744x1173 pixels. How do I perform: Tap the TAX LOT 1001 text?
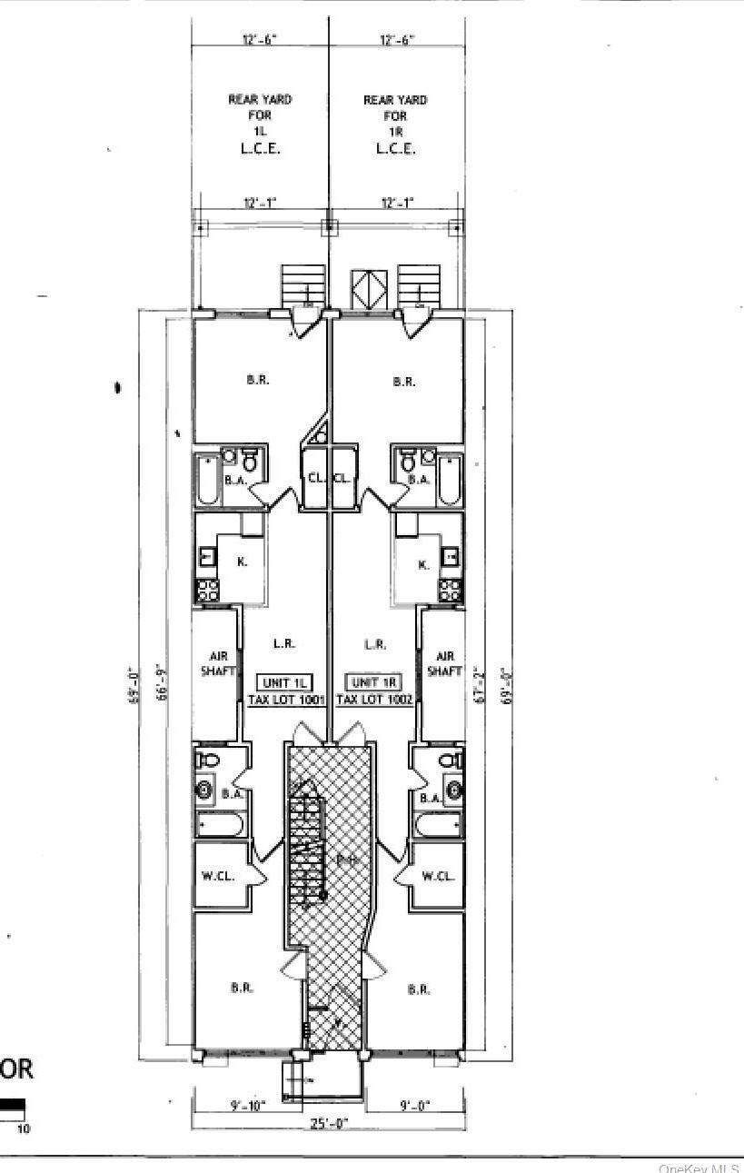[286, 701]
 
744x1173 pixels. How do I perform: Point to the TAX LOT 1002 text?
[374, 701]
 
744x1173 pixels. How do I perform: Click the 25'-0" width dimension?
[329, 1124]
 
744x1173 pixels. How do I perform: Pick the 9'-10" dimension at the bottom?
[248, 1106]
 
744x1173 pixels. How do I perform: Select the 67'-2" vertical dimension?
[481, 683]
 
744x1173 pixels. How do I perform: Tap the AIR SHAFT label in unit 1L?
[216, 664]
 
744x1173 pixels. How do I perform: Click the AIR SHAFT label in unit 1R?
[445, 664]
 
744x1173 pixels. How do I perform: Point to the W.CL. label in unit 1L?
[218, 877]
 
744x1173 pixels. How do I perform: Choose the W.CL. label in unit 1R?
[439, 877]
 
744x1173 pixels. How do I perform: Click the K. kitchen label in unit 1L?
[242, 562]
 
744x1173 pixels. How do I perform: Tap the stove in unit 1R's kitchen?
[451, 591]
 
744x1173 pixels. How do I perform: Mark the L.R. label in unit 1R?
[374, 644]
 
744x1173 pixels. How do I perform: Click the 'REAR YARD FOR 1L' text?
[259, 115]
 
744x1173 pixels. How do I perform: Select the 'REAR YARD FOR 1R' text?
[395, 115]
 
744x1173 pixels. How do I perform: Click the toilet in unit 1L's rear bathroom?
[250, 461]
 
